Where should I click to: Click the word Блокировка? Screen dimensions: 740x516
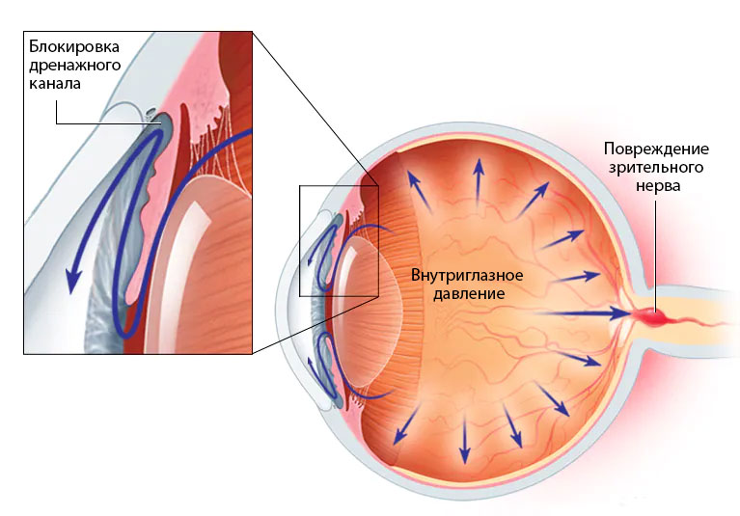74,46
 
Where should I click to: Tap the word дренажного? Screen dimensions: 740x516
75,66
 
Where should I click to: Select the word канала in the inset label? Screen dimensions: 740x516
55,84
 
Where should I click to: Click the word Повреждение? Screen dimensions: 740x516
656,149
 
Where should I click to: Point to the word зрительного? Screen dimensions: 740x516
656,168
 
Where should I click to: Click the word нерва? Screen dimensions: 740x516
658,185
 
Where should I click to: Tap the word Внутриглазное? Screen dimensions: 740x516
467,275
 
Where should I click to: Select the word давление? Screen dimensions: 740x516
469,294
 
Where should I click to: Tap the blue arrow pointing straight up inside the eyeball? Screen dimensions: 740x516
479,181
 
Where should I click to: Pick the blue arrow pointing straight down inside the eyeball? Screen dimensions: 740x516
464,440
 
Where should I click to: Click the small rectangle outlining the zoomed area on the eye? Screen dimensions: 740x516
339,241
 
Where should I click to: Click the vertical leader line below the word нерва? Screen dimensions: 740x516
655,256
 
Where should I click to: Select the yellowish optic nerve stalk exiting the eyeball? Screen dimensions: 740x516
684,322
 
